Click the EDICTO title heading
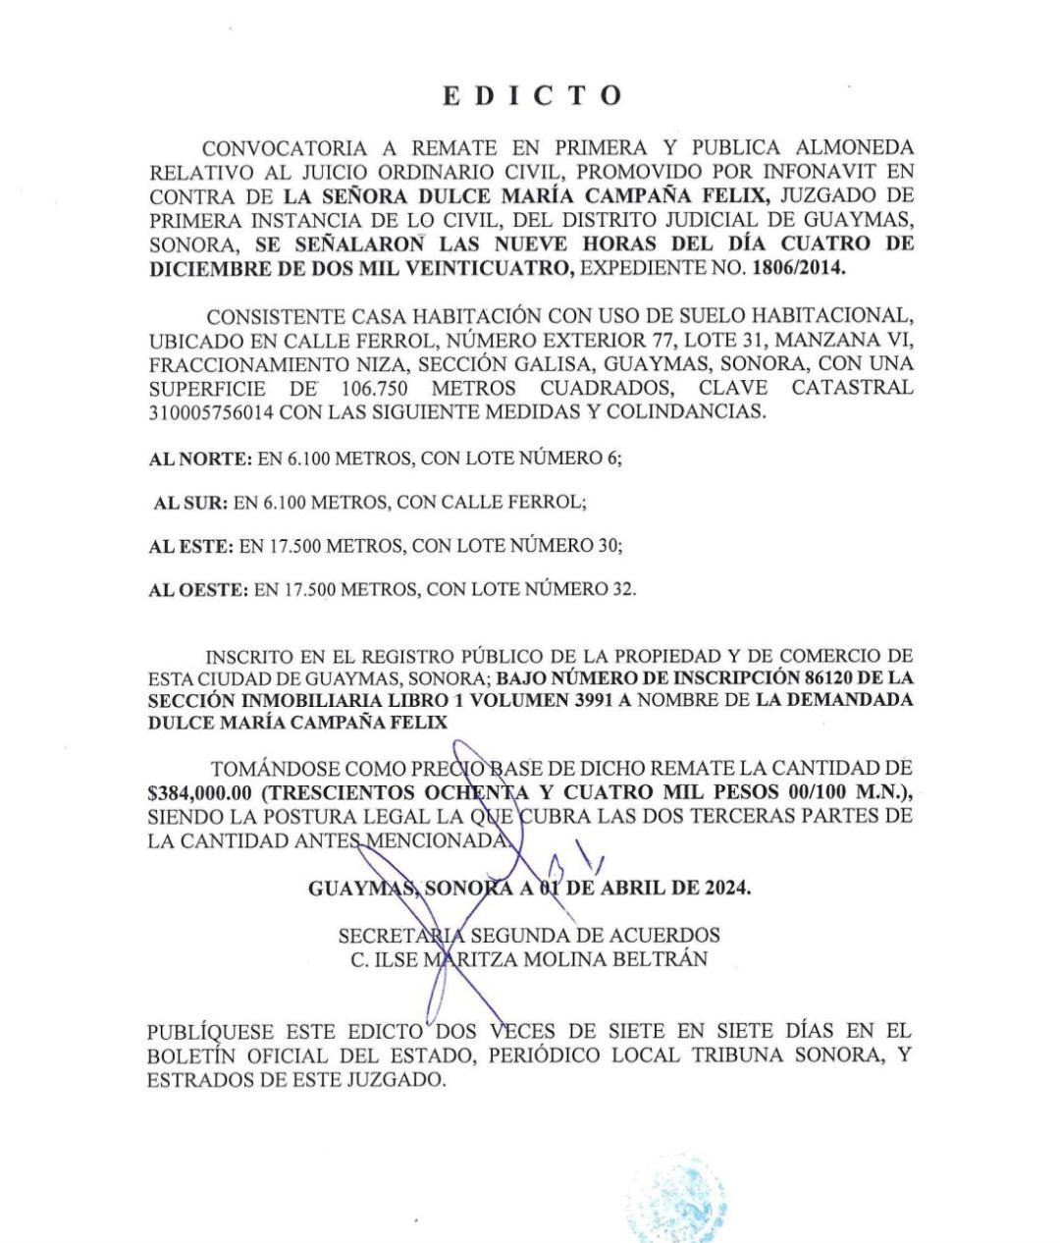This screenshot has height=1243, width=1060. (532, 95)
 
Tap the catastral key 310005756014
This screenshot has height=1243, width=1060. (210, 411)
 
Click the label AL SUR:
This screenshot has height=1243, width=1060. (191, 503)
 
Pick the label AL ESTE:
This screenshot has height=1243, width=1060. (190, 546)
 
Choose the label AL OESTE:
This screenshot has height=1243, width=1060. (197, 590)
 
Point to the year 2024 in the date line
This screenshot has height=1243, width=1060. (725, 889)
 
